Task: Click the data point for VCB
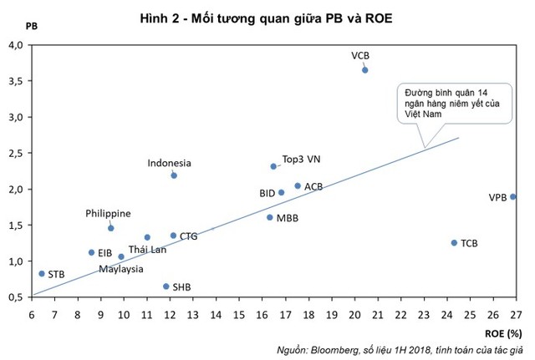click(x=364, y=70)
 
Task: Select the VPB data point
click(x=512, y=197)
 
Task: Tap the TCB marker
click(x=454, y=243)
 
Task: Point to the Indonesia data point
click(x=174, y=175)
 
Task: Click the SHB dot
click(x=166, y=286)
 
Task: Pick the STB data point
click(x=42, y=273)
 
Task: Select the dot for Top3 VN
click(x=273, y=166)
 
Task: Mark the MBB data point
click(x=269, y=217)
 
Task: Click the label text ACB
click(x=313, y=186)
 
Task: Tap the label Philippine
click(x=108, y=213)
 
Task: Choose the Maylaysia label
click(x=121, y=269)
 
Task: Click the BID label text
click(x=267, y=193)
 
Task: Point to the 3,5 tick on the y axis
click(x=17, y=81)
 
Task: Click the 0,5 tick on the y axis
click(x=17, y=297)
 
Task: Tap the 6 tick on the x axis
click(x=32, y=315)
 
